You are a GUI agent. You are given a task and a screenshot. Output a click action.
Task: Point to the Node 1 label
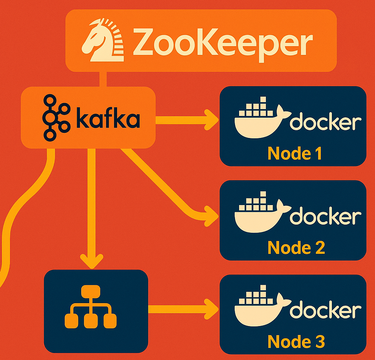click(295, 153)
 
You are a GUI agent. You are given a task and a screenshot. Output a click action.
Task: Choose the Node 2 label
click(296, 247)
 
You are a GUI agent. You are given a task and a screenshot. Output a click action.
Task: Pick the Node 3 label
click(296, 342)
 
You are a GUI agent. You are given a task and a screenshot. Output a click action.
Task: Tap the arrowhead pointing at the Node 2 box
click(211, 215)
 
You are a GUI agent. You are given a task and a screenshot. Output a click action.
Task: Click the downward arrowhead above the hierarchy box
click(92, 260)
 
